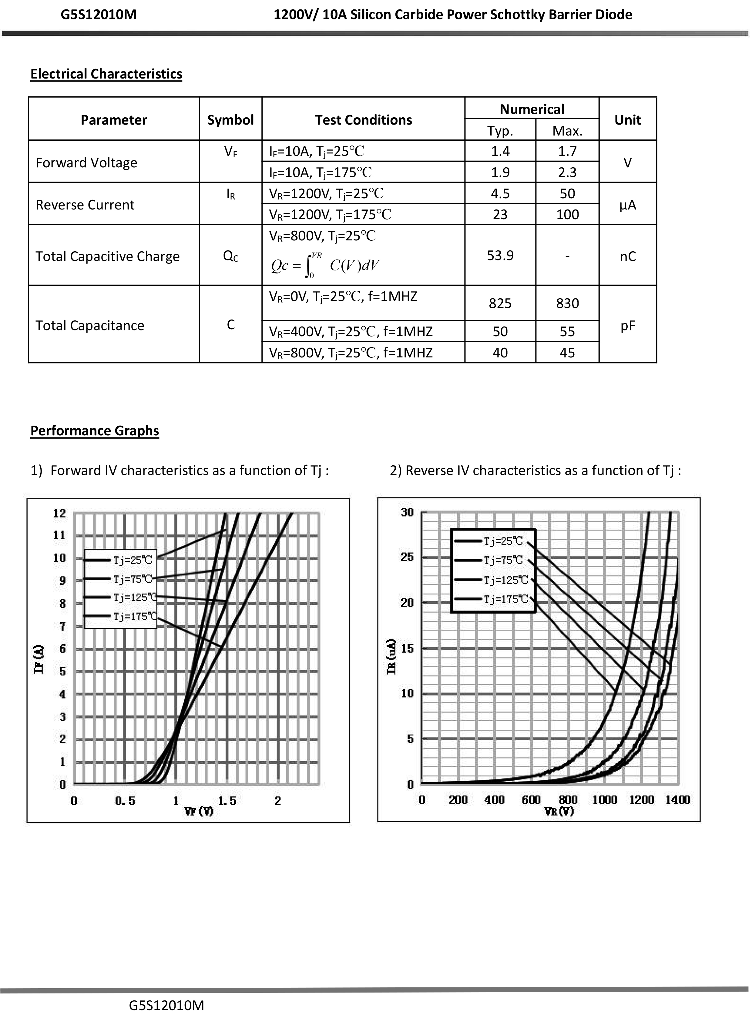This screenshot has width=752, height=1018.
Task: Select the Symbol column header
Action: [x=230, y=120]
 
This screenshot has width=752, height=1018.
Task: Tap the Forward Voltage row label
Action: [x=86, y=162]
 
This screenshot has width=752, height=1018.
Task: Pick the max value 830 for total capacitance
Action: [x=567, y=303]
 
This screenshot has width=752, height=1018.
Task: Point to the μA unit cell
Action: [x=627, y=205]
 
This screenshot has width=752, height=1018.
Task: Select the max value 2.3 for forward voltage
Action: [x=567, y=172]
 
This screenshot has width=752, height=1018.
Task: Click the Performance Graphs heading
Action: [x=95, y=430]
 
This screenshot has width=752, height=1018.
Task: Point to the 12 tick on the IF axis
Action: [x=60, y=513]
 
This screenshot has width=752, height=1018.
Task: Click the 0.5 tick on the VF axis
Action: [x=125, y=801]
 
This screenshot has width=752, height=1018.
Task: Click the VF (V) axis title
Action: [x=199, y=811]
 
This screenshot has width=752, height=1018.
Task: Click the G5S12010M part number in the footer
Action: [x=166, y=1005]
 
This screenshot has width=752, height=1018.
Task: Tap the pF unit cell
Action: [x=627, y=325]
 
